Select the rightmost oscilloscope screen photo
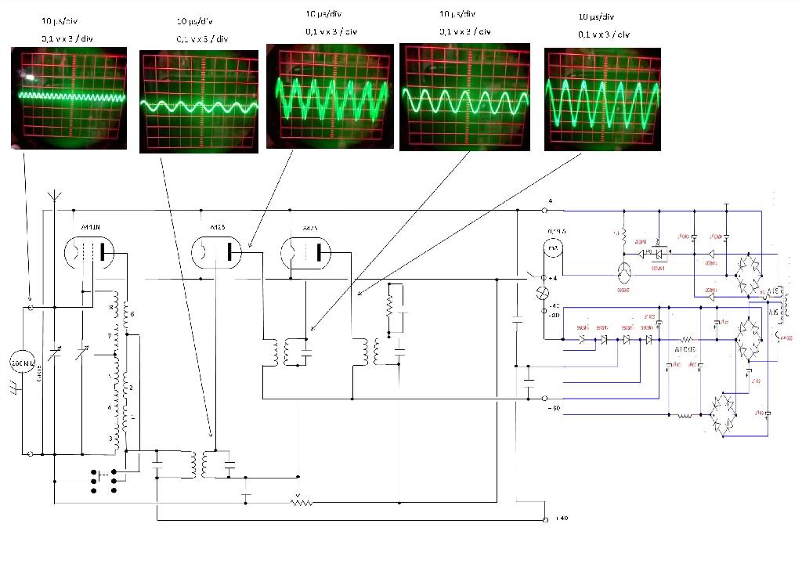click(602, 99)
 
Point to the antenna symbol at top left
click(55, 197)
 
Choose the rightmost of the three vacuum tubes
click(306, 252)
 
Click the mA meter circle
click(555, 248)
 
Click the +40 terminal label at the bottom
click(561, 518)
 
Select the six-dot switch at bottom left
click(106, 481)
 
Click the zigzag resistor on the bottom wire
click(302, 501)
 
